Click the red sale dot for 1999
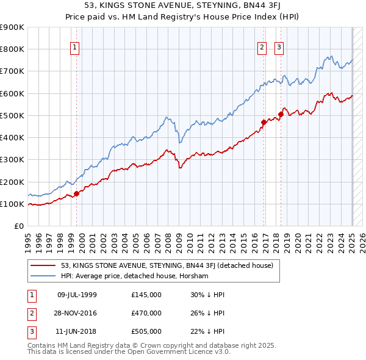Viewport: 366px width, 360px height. [76, 194]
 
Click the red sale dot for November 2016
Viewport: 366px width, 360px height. [264, 122]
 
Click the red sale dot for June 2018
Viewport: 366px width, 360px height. [281, 114]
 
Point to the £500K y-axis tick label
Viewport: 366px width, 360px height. [12, 115]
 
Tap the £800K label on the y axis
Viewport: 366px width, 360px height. [12, 49]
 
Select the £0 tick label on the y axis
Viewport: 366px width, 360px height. [18, 226]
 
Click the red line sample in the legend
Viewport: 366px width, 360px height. [43, 265]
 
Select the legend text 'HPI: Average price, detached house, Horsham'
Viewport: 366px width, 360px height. [134, 276]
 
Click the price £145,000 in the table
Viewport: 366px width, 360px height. [146, 295]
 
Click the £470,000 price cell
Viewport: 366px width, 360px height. [146, 313]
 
